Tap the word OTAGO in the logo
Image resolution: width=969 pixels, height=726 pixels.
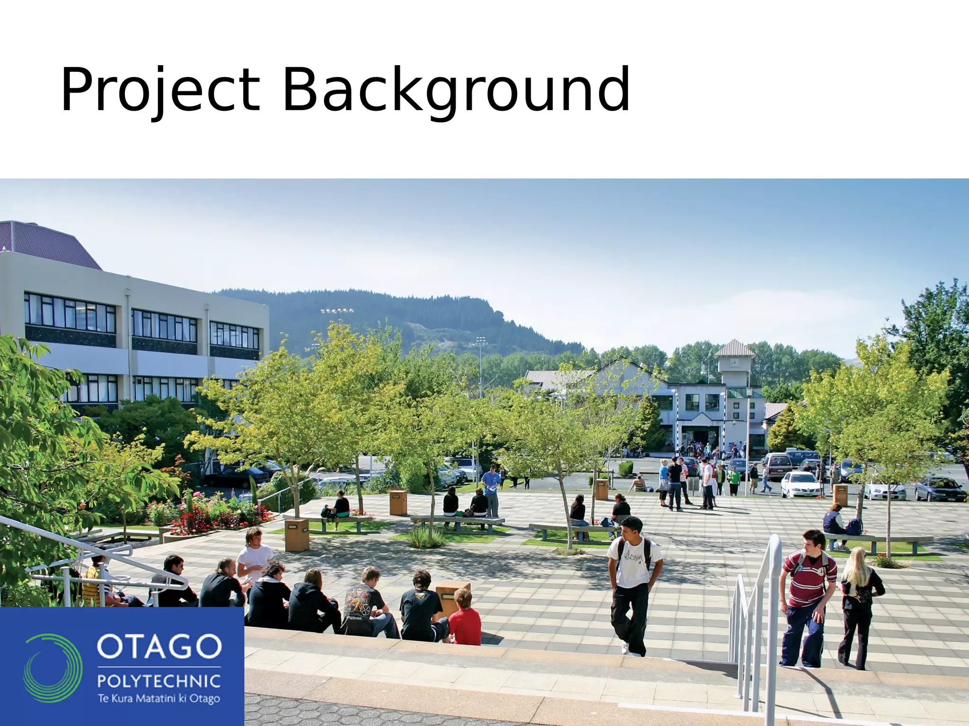point(159,647)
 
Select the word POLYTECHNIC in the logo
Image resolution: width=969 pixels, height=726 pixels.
point(159,681)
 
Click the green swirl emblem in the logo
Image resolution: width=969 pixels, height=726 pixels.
point(53,668)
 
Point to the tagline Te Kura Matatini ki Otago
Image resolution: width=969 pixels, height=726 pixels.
point(159,699)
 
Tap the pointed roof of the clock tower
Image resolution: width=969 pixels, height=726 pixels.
point(735,349)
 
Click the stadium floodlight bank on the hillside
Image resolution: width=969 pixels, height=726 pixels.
point(336,311)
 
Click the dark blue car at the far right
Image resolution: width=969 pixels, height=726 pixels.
point(939,489)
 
